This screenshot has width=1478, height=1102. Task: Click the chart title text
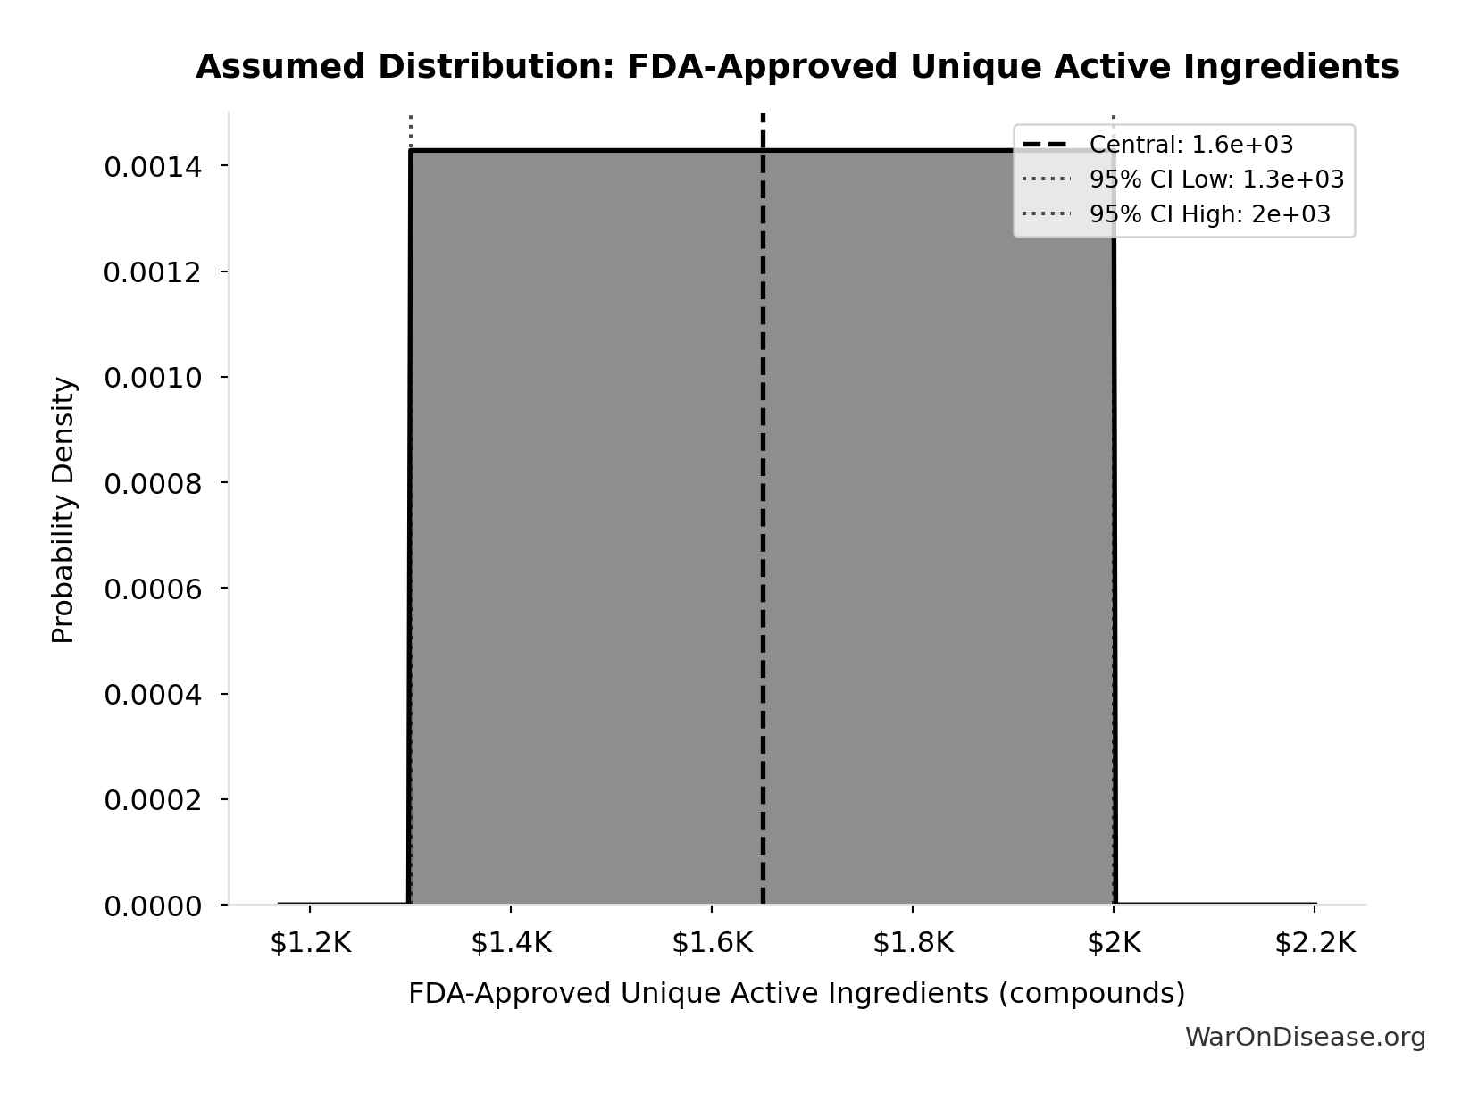pyautogui.click(x=797, y=67)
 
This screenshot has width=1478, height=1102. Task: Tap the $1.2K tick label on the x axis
pyautogui.click(x=310, y=943)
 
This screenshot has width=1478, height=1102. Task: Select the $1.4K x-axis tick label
pyautogui.click(x=511, y=943)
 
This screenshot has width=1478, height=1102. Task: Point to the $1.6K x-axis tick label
pyautogui.click(x=712, y=943)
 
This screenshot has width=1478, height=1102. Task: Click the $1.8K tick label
pyautogui.click(x=913, y=943)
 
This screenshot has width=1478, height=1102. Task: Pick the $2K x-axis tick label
pyautogui.click(x=1114, y=943)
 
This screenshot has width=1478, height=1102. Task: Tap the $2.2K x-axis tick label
pyautogui.click(x=1315, y=943)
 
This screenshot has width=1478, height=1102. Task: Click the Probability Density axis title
pyautogui.click(x=63, y=510)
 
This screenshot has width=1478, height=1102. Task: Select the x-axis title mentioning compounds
pyautogui.click(x=797, y=993)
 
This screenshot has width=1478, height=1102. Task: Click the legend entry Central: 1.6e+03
pyautogui.click(x=1190, y=145)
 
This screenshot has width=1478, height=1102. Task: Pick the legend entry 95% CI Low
pyautogui.click(x=1215, y=179)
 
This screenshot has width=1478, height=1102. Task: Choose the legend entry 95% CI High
pyautogui.click(x=1209, y=214)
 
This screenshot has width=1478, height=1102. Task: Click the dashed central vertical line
pyautogui.click(x=763, y=536)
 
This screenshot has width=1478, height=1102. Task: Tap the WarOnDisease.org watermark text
pyautogui.click(x=1305, y=1037)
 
